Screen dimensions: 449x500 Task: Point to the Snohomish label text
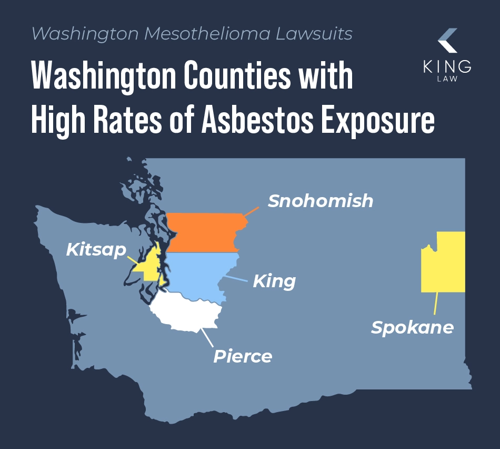coord(320,201)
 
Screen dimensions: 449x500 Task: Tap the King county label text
coord(274,281)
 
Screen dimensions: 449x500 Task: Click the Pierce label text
coord(243,356)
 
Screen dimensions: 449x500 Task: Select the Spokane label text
coord(412,327)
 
